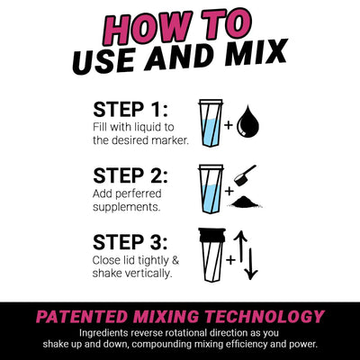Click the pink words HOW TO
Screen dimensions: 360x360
click(x=180, y=25)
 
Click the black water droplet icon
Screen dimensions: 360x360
click(x=248, y=123)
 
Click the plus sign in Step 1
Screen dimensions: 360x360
click(x=229, y=126)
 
